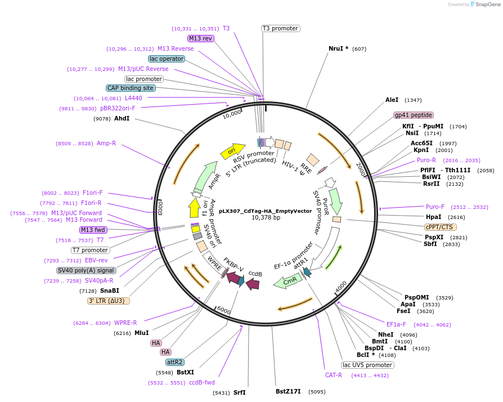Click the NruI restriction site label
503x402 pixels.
[338, 48]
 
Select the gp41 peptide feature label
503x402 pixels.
[413, 115]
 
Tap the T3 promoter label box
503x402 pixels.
[280, 28]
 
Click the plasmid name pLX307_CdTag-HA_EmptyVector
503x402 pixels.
[266, 211]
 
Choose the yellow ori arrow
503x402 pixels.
[236, 150]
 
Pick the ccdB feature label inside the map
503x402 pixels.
[255, 274]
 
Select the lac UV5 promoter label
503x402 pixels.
[367, 365]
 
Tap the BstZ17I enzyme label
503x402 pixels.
[288, 391]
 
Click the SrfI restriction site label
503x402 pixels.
[240, 392]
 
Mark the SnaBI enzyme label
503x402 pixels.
[110, 291]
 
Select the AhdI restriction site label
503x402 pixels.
[122, 119]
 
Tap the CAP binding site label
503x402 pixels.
[130, 88]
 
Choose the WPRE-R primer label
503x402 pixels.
[125, 323]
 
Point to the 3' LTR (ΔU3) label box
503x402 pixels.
[109, 301]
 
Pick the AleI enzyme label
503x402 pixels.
[392, 100]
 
